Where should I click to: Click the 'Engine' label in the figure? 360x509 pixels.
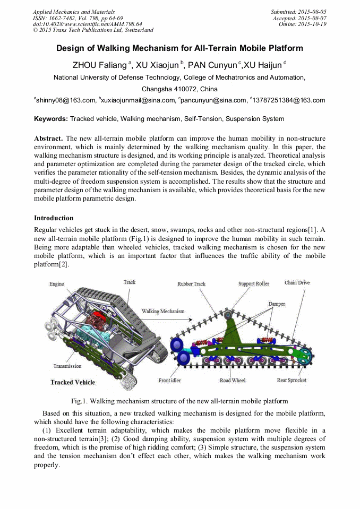(57, 284)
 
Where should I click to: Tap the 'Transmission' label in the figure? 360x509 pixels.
(67, 366)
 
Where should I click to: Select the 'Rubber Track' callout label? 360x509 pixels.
(191, 284)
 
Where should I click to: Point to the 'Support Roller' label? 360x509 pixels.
(253, 284)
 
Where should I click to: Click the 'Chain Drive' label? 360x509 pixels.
(297, 283)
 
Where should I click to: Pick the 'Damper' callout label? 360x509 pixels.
(277, 304)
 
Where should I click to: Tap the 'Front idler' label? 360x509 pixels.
(169, 381)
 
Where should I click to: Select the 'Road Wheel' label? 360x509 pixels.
(233, 381)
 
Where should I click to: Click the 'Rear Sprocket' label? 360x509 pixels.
(292, 381)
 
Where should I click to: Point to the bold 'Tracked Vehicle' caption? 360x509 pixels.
(73, 382)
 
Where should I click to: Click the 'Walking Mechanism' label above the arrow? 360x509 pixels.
(163, 311)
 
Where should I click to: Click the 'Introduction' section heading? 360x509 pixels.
(54, 218)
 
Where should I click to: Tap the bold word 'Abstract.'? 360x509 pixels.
(48, 137)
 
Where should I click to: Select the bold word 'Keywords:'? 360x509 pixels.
(51, 119)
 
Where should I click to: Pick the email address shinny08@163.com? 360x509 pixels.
(66, 100)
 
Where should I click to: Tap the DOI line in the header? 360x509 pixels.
(87, 24)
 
